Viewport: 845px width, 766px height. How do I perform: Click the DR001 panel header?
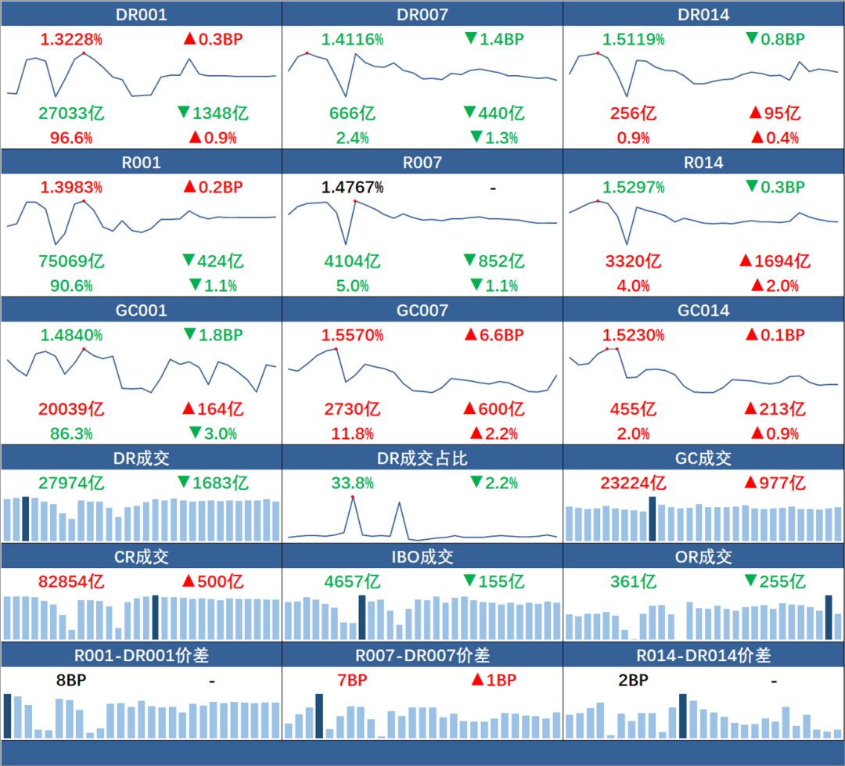(x=141, y=15)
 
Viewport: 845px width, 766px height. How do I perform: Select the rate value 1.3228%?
(x=71, y=39)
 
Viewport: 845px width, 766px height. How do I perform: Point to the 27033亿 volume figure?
(x=71, y=113)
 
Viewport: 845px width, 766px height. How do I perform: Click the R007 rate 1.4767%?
(x=352, y=188)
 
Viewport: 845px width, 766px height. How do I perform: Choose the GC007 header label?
(x=422, y=311)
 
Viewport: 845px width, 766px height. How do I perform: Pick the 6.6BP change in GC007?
(x=494, y=335)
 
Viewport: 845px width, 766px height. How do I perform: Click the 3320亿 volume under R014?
(x=634, y=261)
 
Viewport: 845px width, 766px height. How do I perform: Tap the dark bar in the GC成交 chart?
(x=653, y=518)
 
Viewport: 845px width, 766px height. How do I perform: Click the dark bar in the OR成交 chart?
(x=829, y=617)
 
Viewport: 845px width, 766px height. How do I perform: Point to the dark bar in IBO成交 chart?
(x=361, y=617)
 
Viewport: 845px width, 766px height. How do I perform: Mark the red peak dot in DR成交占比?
(x=353, y=497)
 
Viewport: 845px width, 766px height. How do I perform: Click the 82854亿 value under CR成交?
(x=71, y=582)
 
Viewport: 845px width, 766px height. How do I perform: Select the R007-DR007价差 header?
(x=422, y=656)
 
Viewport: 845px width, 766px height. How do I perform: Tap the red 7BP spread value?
(x=352, y=681)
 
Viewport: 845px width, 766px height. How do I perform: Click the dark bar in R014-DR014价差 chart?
(x=683, y=716)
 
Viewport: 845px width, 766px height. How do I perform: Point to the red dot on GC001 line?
(x=84, y=348)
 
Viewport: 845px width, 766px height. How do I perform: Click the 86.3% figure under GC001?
(x=71, y=433)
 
